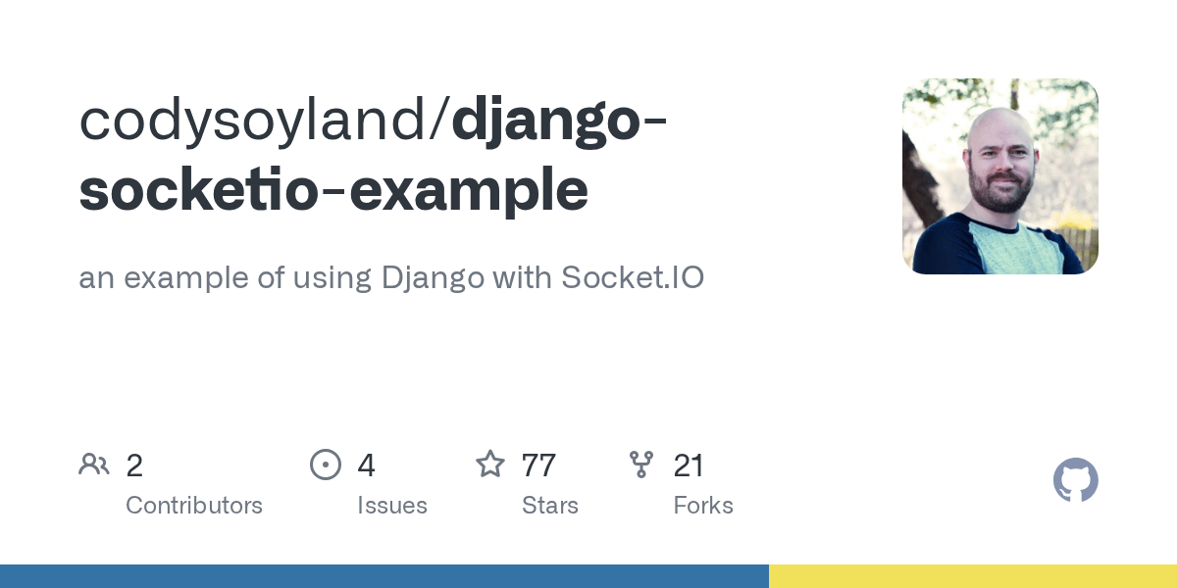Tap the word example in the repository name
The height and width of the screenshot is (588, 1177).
click(469, 189)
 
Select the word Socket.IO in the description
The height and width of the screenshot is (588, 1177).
click(632, 278)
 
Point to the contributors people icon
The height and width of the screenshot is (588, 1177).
click(94, 465)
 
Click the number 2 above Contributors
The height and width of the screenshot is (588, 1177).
click(134, 465)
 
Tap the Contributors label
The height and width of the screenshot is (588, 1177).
click(194, 506)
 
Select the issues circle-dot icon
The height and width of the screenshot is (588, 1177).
click(326, 465)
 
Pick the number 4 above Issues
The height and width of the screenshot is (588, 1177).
click(366, 465)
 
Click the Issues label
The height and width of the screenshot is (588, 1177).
click(392, 506)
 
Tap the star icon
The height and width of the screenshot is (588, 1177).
click(490, 465)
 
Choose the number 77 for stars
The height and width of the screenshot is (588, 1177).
click(538, 465)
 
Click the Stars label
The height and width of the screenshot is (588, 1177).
click(550, 506)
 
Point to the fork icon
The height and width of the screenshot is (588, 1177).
click(641, 465)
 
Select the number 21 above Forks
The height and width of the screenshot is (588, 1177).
click(689, 465)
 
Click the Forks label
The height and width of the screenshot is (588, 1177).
click(703, 506)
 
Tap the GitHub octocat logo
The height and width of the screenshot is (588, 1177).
click(1075, 480)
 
